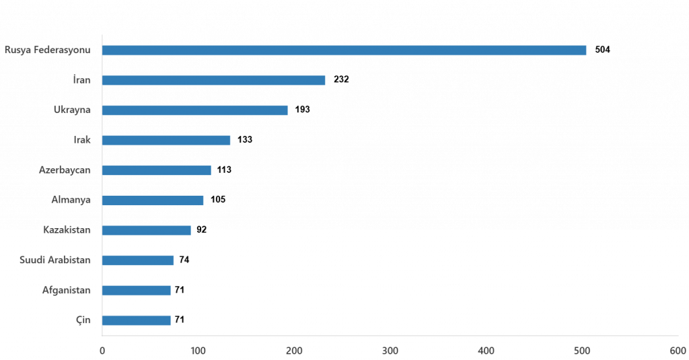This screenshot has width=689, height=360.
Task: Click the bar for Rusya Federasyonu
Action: (x=344, y=50)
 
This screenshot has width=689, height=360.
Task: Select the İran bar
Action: (x=213, y=81)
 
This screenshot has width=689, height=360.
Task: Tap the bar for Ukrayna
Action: (x=195, y=110)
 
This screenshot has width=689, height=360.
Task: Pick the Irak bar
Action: (x=166, y=141)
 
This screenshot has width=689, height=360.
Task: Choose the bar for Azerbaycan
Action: (x=156, y=170)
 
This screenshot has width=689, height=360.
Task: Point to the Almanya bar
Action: (x=153, y=200)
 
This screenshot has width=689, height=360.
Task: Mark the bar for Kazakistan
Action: (x=147, y=230)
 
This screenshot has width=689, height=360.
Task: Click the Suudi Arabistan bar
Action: (x=138, y=260)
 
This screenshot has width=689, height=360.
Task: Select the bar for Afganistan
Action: (x=137, y=290)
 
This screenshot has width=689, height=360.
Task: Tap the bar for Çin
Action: (x=137, y=320)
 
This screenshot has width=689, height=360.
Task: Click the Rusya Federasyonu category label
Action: (x=48, y=50)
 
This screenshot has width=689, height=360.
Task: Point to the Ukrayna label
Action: (x=72, y=110)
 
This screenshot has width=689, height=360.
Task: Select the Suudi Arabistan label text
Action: (x=55, y=260)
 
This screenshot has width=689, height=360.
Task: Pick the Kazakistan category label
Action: (x=67, y=230)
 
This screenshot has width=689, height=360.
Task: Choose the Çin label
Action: (x=83, y=320)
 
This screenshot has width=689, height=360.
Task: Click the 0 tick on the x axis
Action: (x=102, y=351)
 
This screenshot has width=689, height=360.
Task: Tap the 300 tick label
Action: (x=390, y=351)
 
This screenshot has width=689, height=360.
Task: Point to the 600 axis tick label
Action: (x=677, y=351)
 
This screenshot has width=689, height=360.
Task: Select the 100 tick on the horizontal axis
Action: (x=197, y=351)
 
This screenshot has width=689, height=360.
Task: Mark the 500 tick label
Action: (x=581, y=351)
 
